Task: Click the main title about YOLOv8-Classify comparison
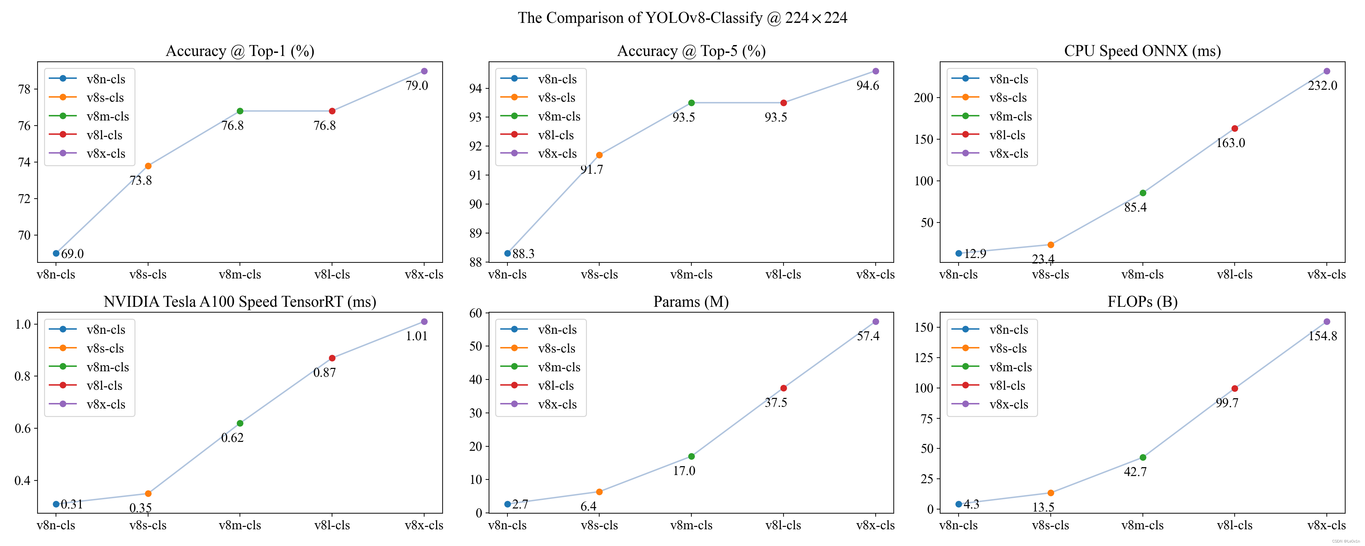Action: click(x=682, y=18)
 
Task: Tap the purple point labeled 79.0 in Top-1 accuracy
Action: click(x=424, y=71)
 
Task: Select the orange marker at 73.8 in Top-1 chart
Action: click(x=148, y=166)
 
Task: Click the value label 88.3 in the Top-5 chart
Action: click(x=523, y=254)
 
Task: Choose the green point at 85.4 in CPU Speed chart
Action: click(x=1143, y=193)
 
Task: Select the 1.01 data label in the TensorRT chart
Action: click(x=416, y=336)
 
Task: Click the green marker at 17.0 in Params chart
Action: click(x=691, y=456)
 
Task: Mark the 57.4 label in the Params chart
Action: click(x=868, y=336)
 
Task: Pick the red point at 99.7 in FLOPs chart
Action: click(x=1235, y=389)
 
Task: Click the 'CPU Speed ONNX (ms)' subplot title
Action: click(x=1143, y=51)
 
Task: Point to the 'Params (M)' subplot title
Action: click(x=691, y=302)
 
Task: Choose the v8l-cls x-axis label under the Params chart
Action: click(x=783, y=525)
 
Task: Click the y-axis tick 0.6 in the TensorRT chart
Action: click(x=23, y=428)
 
